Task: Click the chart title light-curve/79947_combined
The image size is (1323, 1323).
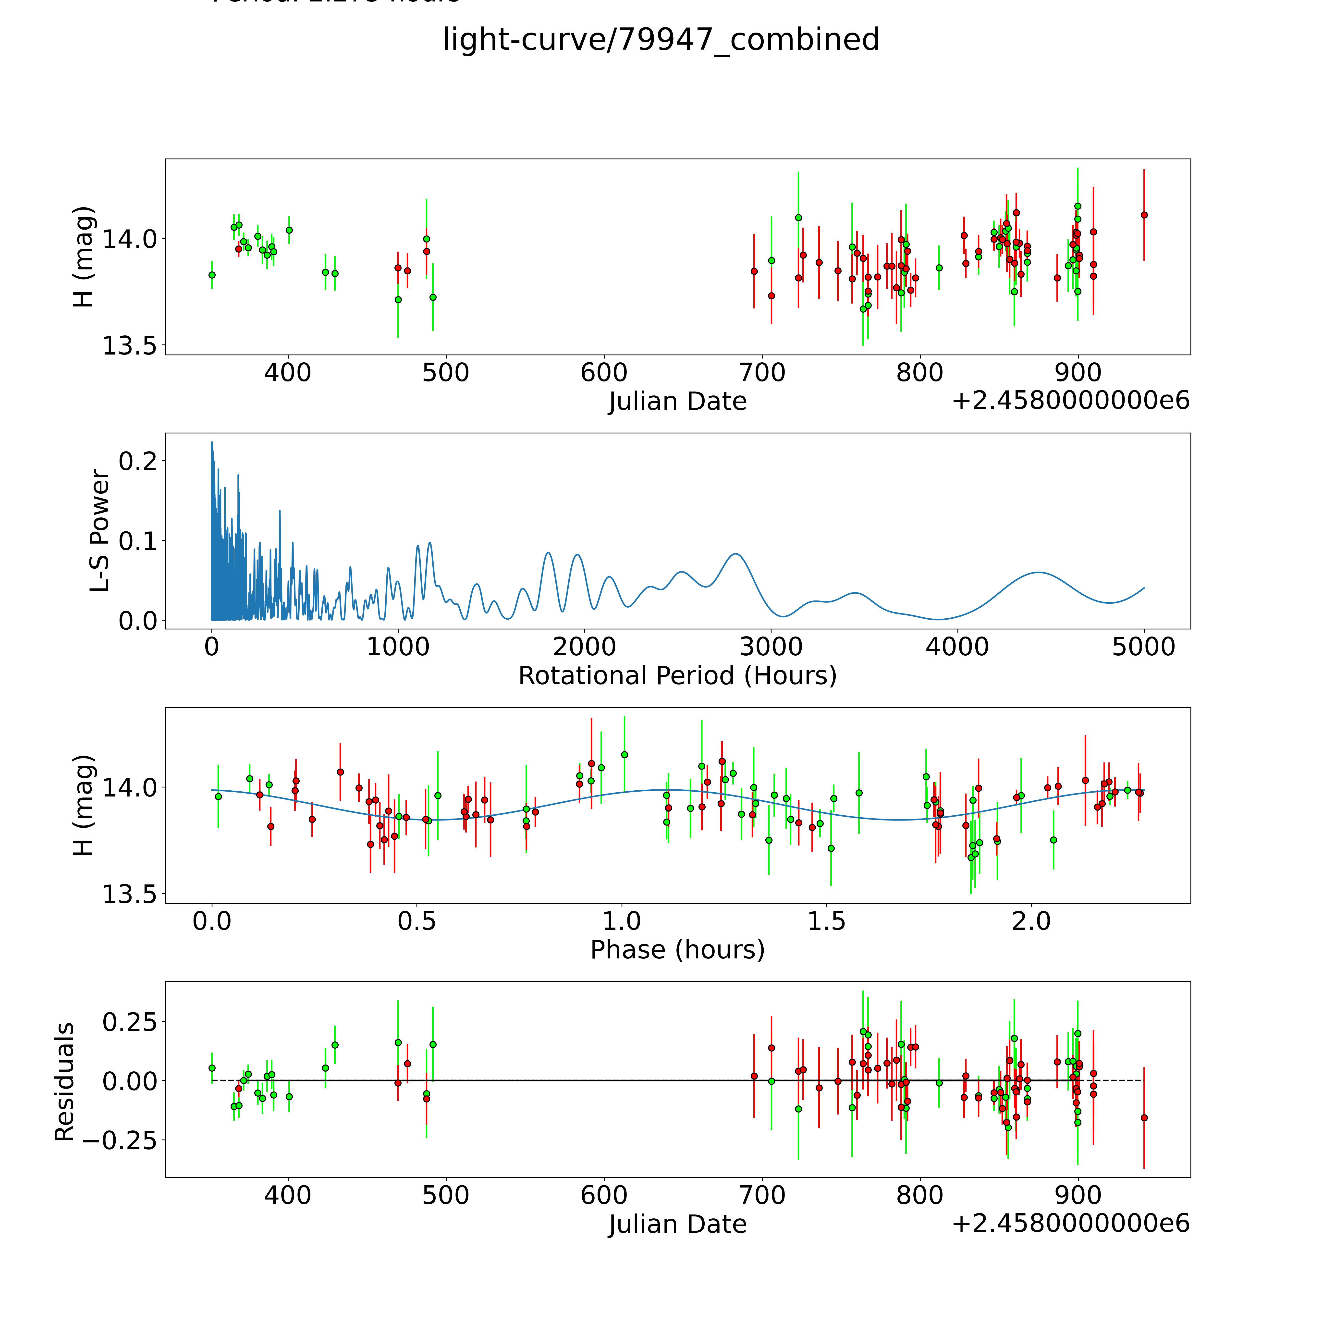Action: coord(661,40)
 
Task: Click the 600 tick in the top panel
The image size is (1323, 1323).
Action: coord(604,373)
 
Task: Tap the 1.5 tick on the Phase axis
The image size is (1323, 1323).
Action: coord(827,921)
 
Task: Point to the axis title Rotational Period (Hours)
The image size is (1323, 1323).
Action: coord(677,676)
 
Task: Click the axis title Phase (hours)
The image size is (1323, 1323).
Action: coord(677,950)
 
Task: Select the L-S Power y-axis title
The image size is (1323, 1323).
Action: coord(100,531)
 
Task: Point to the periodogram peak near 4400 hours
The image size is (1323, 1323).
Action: coord(1039,572)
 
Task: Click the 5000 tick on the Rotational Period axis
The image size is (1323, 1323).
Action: coord(1144,647)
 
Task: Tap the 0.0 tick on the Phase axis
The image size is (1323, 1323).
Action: coord(212,921)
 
